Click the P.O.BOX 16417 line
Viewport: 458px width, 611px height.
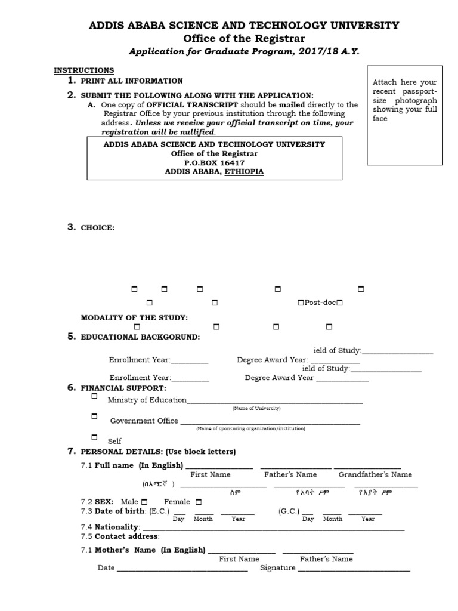coord(214,162)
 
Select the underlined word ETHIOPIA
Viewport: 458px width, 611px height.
coord(244,171)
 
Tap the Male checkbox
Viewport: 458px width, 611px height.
coord(145,502)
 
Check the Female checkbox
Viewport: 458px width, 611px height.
coord(199,502)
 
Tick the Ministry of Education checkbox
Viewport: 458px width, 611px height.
coord(94,396)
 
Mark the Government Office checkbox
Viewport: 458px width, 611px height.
coord(94,416)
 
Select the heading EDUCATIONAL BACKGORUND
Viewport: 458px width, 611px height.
coord(140,337)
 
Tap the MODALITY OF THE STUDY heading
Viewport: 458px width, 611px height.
coord(134,317)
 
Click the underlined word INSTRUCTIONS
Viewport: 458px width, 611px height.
coord(84,70)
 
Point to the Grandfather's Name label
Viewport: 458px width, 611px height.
coord(375,475)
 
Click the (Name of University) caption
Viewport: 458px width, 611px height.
coord(256,408)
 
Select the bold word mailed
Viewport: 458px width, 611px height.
coord(292,104)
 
